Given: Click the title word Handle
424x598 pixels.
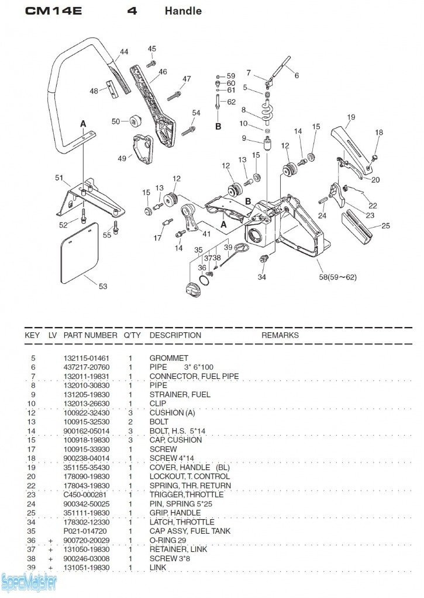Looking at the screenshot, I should (x=183, y=11).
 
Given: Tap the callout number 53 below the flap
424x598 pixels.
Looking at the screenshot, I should (x=103, y=287).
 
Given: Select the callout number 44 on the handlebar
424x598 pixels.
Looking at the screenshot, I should (x=124, y=52).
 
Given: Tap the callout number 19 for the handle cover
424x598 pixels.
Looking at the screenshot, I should (x=350, y=117).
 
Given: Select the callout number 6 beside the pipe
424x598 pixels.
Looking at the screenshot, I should (x=297, y=75).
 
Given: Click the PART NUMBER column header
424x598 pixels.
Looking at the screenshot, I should (x=90, y=335).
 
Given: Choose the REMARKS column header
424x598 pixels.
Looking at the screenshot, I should (x=280, y=335).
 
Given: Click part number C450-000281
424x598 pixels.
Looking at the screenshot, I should (x=84, y=495).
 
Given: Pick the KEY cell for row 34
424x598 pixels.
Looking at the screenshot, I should (x=33, y=522).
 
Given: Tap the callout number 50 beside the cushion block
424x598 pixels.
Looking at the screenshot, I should (x=116, y=121).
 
